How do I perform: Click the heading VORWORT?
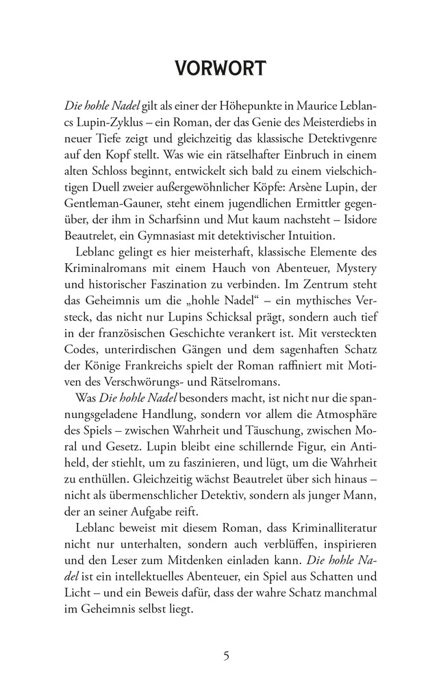[220, 69]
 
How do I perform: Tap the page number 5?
[226, 656]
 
